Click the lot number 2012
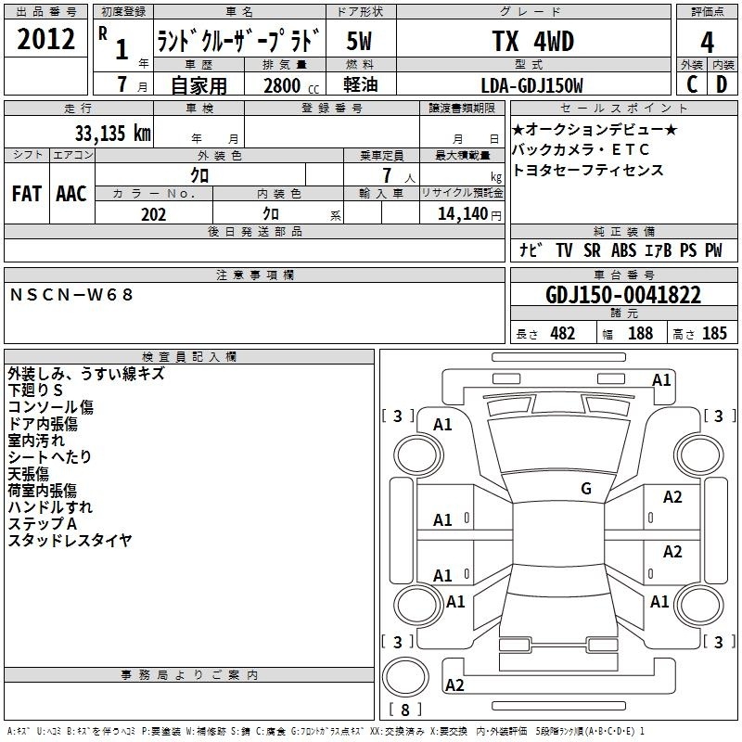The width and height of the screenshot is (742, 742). [45, 39]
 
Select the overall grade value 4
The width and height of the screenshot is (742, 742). [707, 43]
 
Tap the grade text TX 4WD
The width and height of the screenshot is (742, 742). [533, 41]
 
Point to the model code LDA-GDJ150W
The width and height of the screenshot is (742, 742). [531, 85]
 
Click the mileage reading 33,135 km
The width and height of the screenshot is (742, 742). [112, 133]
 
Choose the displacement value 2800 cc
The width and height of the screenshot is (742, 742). [291, 85]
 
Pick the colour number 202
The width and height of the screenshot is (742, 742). [153, 214]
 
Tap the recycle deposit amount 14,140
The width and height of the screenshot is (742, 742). [462, 214]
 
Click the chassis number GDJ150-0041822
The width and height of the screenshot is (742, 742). [623, 295]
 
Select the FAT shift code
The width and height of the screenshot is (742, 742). [27, 194]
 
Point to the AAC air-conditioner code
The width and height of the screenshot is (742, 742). [71, 194]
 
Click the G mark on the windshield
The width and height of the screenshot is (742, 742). [586, 488]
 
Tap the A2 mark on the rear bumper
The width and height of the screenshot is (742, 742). [454, 684]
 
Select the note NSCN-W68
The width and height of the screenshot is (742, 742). [71, 295]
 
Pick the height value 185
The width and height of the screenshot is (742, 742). [714, 333]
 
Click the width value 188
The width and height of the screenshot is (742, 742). [640, 333]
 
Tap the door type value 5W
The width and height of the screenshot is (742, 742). [359, 41]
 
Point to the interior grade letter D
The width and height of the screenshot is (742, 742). [722, 84]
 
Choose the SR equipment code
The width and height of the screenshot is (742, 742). [592, 250]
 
